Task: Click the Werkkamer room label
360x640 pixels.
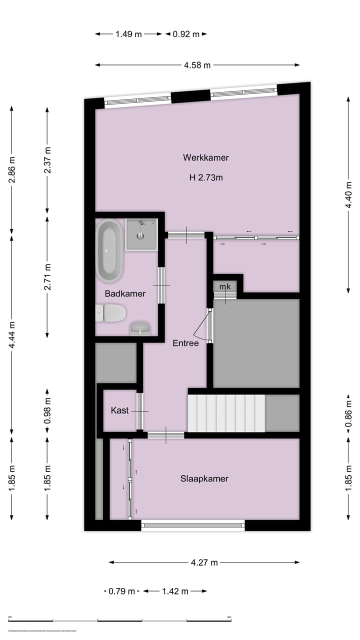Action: coord(205,157)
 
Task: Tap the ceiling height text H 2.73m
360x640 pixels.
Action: coord(205,177)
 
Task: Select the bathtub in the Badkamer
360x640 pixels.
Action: coord(109,250)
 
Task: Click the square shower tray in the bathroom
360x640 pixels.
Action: coord(141,234)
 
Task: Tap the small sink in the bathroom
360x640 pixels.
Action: coord(140,328)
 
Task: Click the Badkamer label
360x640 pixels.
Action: coord(125,293)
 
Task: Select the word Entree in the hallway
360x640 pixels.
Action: coord(185,343)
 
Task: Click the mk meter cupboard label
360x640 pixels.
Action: coord(225,286)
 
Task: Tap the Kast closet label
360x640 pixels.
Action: coord(119,410)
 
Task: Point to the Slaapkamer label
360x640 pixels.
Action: coord(204,478)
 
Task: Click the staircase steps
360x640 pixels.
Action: coord(226,413)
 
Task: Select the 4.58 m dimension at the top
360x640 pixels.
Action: coord(197,65)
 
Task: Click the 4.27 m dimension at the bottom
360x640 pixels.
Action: coord(204,562)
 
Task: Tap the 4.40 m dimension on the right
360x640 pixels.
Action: coord(348,195)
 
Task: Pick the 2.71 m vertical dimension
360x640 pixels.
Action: coord(47,276)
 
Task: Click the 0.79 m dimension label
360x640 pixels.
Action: coord(122,591)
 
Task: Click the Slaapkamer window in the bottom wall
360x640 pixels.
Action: coord(193,525)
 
